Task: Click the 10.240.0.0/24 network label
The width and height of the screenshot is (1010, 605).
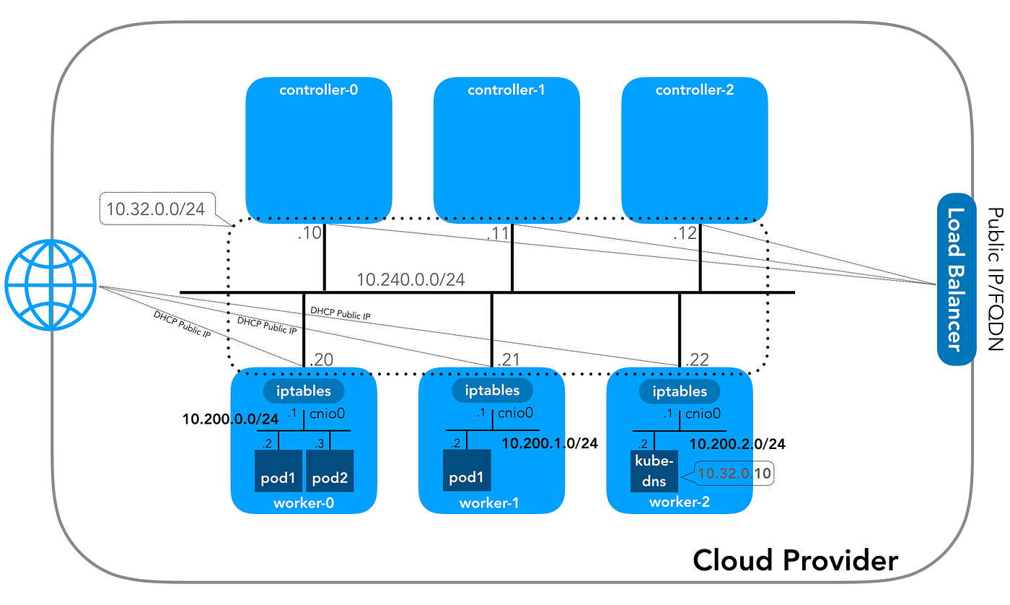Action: (x=411, y=279)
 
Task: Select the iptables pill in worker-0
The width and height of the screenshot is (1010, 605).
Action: (x=304, y=391)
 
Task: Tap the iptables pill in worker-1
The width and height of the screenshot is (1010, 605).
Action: (x=492, y=391)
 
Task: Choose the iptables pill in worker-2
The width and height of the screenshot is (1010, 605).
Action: (x=680, y=391)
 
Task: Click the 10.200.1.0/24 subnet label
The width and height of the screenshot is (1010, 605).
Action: (x=550, y=443)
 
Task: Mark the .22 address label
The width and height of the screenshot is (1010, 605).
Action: (x=698, y=359)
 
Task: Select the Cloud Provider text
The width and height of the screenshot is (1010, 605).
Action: (x=796, y=560)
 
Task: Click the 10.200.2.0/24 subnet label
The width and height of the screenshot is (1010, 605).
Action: (x=737, y=443)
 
